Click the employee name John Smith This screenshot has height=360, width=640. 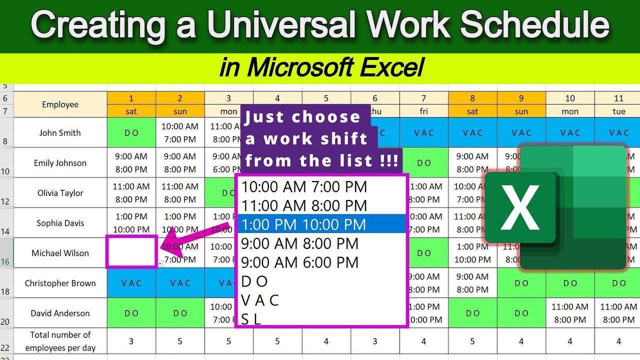[60, 133]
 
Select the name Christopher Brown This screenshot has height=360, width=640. [60, 283]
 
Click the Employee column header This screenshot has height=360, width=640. [60, 104]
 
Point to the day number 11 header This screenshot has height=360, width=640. [619, 98]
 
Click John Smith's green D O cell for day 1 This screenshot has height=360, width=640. [131, 133]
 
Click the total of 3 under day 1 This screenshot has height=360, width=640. [131, 341]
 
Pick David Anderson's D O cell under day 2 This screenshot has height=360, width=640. [180, 313]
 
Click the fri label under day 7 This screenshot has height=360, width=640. [423, 111]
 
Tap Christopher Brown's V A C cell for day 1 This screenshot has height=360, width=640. [131, 283]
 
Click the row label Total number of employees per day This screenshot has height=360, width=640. [60, 341]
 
